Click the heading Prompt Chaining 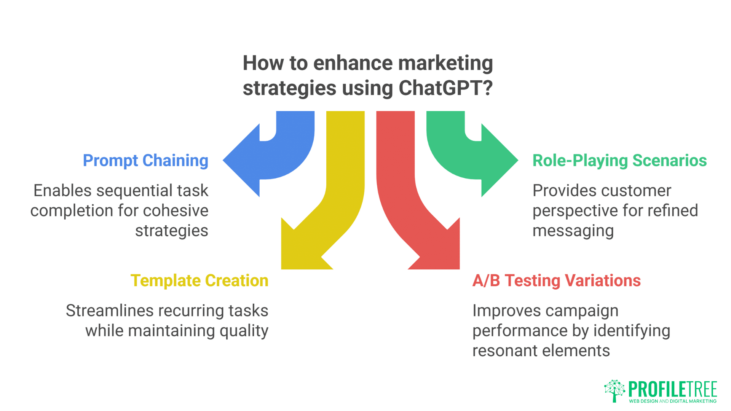(x=145, y=161)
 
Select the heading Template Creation (x=200, y=281)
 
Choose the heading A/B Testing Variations (x=557, y=281)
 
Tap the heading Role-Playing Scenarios (x=619, y=161)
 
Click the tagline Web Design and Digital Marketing (x=673, y=401)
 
